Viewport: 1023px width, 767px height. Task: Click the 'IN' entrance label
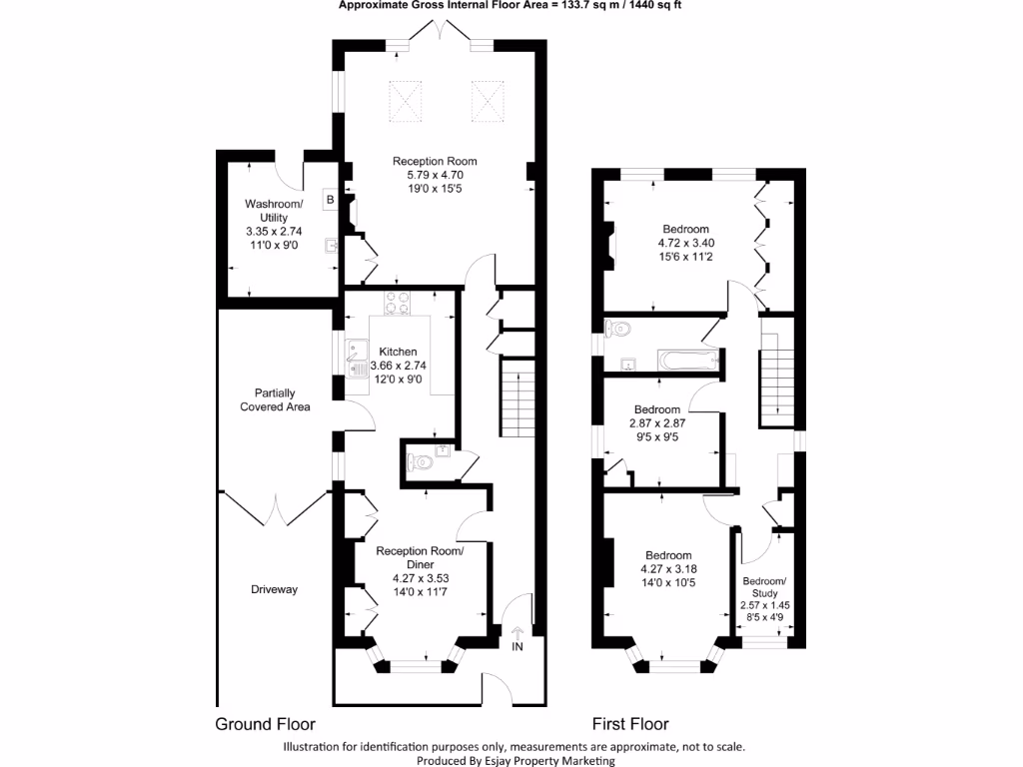517,647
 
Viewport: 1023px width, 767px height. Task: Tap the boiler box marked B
329,200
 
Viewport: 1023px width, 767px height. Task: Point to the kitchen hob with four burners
398,302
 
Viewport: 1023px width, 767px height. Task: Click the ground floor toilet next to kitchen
422,461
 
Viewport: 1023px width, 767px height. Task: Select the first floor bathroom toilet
618,327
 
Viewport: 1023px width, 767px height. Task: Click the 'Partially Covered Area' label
275,399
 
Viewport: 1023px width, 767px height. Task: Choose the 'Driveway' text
274,589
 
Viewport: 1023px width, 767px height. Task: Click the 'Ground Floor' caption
266,724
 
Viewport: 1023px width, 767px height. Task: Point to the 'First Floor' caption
630,724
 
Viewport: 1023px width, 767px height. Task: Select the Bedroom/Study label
764,587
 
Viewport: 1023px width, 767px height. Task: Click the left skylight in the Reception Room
406,99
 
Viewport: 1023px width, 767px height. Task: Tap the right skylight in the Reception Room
486,99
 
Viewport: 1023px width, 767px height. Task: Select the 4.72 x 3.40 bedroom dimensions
685,243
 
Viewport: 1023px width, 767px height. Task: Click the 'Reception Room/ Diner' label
420,557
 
